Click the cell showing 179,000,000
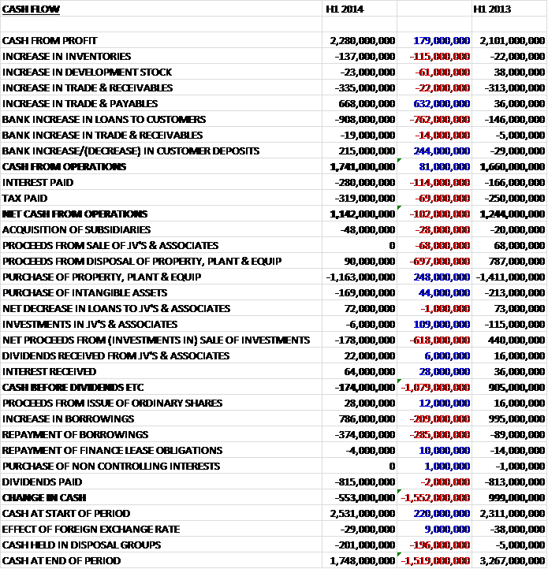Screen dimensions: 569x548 [441, 40]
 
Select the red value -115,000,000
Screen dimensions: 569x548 [440, 56]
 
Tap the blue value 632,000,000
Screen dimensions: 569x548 [441, 103]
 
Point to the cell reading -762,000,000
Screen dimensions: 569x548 [440, 119]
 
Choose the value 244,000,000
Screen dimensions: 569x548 [441, 151]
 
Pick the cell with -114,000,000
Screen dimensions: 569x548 [440, 182]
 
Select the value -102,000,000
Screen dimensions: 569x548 [440, 214]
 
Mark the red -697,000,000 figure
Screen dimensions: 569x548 [440, 261]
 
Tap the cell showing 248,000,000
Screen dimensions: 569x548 [441, 277]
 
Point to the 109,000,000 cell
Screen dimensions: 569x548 [441, 324]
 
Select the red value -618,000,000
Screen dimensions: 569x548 [440, 340]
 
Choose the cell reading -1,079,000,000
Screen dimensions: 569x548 [436, 387]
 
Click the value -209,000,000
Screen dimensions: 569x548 [440, 418]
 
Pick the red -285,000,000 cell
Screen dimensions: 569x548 [440, 434]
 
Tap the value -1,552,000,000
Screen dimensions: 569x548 [436, 497]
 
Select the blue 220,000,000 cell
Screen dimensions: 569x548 [441, 513]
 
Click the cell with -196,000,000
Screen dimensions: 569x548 [440, 545]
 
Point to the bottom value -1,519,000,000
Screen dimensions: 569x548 [436, 560]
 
